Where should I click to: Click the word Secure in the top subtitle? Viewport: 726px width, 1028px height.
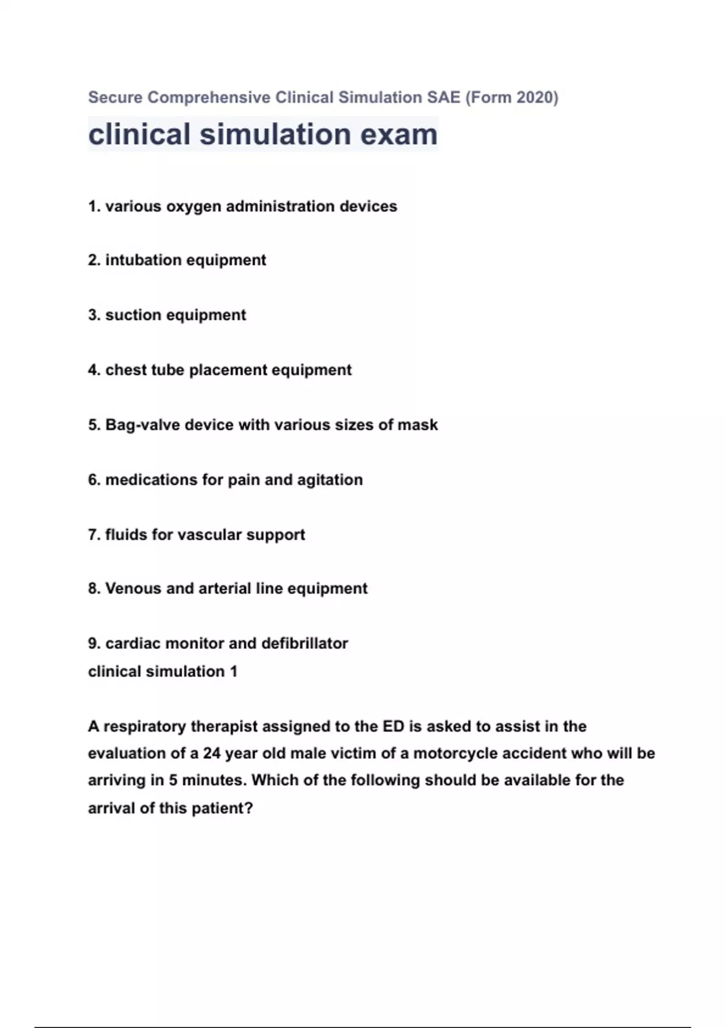coord(116,97)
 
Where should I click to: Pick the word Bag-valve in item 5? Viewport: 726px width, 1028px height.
coord(142,425)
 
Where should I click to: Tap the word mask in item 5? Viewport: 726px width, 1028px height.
coord(417,425)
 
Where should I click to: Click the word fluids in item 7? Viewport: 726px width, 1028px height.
coord(126,535)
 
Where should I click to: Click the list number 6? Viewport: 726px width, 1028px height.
coord(94,480)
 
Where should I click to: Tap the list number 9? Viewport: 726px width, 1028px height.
coord(94,643)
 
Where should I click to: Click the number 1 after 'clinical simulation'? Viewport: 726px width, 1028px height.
coord(234,672)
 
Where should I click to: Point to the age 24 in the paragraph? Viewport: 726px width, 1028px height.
coord(212,753)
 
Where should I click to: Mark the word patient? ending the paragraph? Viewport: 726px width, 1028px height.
coord(222,808)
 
